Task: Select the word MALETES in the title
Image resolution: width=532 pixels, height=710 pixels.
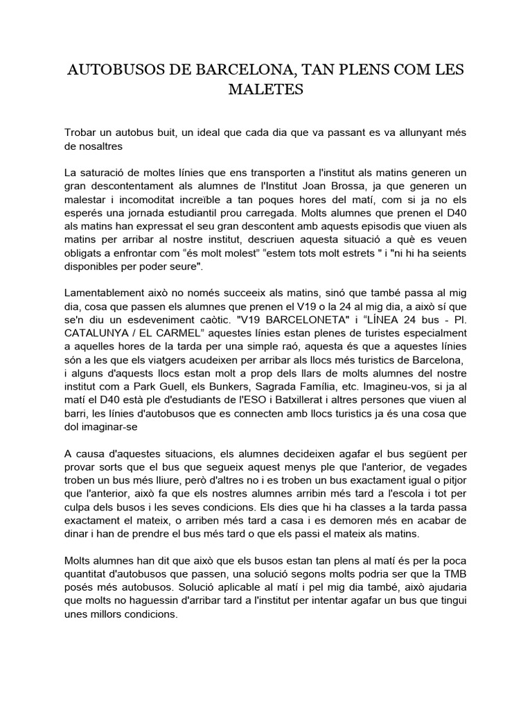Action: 267,91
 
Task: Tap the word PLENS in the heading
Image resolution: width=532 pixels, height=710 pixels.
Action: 337,70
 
